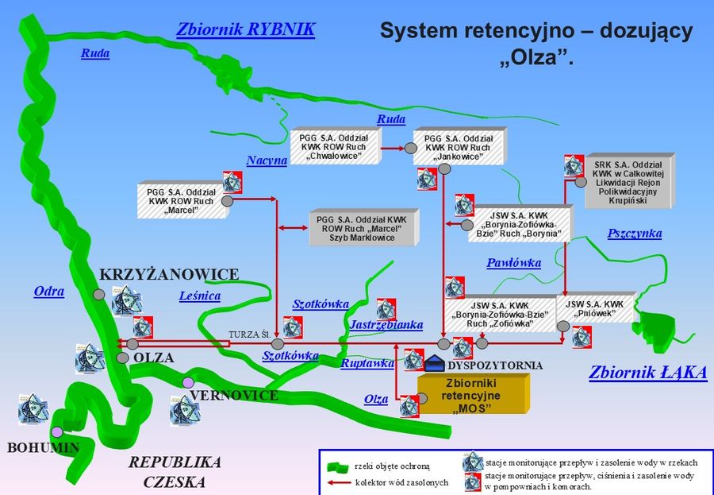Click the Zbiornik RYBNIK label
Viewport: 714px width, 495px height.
click(245, 29)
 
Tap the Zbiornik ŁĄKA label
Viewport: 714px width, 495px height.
click(648, 373)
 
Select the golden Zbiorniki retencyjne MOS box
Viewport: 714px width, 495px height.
click(473, 395)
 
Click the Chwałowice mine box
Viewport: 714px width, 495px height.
click(335, 146)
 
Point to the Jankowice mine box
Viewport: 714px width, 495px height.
click(460, 146)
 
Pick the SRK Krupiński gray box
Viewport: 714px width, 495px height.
click(628, 181)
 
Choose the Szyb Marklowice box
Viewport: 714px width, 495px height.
click(364, 228)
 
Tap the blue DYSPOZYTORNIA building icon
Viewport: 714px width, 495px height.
click(435, 363)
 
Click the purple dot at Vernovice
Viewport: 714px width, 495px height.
click(188, 382)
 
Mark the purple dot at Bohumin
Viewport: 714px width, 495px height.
click(57, 431)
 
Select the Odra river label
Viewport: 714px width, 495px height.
click(49, 292)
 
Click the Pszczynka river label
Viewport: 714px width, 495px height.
click(635, 233)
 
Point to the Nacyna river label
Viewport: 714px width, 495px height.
click(267, 160)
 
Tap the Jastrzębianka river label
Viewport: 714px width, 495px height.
click(386, 324)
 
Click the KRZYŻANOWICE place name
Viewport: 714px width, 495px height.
click(169, 274)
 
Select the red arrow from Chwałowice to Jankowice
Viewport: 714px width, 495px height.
click(393, 149)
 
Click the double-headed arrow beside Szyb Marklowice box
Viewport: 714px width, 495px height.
click(294, 228)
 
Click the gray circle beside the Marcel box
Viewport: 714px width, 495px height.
click(227, 201)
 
